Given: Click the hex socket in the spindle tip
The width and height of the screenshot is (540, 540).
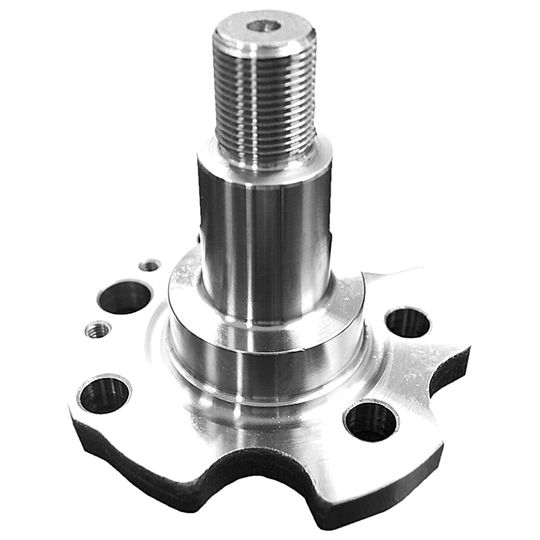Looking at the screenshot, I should click(x=263, y=28).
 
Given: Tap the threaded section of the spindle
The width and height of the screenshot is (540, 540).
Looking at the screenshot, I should click(x=265, y=100).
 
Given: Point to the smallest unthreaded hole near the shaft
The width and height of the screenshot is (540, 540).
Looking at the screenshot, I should click(x=150, y=265).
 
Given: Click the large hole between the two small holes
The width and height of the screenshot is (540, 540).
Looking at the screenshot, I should click(x=125, y=297).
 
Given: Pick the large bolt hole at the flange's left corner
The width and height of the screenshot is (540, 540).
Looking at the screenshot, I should click(x=104, y=393).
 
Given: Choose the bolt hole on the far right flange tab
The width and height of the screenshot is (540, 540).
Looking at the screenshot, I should click(x=407, y=322).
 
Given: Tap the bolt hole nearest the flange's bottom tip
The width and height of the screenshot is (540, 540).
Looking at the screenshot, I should click(x=370, y=420).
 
